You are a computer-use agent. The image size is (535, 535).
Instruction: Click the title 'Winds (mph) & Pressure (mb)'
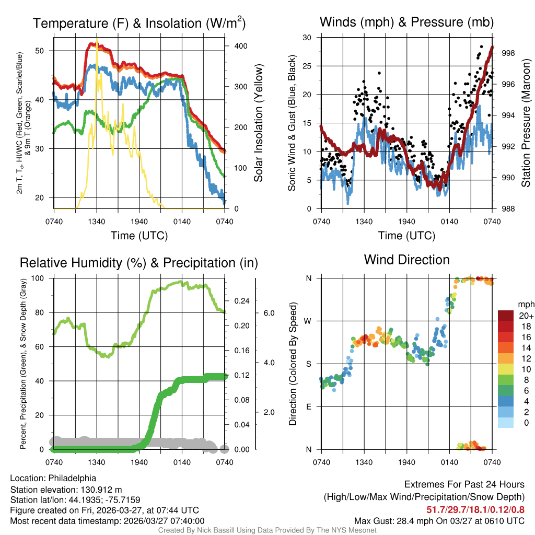pos(406,22)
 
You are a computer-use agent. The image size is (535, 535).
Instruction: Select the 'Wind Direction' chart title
pos(406,260)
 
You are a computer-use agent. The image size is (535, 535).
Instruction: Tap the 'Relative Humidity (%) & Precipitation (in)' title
pos(139,263)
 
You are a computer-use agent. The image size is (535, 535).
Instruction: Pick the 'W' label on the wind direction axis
pos(308,321)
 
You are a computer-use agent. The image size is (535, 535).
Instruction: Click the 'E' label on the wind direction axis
pos(309,406)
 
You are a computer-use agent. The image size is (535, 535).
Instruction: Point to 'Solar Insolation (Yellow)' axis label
pos(258,123)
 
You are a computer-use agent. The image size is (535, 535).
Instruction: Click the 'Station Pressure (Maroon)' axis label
pos(526,123)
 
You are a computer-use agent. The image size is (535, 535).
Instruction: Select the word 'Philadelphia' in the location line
pos(71,478)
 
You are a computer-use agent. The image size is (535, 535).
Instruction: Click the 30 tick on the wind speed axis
pos(308,38)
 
